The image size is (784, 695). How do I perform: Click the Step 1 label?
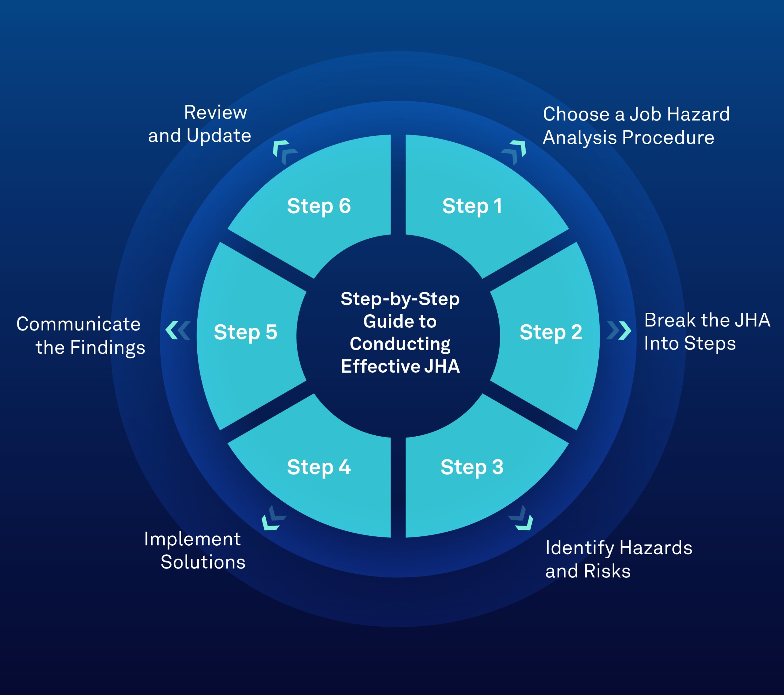[x=472, y=206]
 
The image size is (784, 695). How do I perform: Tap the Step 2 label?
[x=551, y=332]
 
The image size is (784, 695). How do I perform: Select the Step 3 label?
[x=472, y=467]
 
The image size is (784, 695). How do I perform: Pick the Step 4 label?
[x=319, y=467]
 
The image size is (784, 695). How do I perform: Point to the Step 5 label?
[x=246, y=332]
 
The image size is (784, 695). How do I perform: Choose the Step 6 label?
[x=319, y=206]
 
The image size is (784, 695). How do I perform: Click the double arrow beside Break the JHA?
[x=619, y=330]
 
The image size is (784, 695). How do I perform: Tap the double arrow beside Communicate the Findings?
[x=177, y=330]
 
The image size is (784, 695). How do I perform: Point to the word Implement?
[x=192, y=539]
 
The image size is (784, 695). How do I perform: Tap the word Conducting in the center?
[x=400, y=344]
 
